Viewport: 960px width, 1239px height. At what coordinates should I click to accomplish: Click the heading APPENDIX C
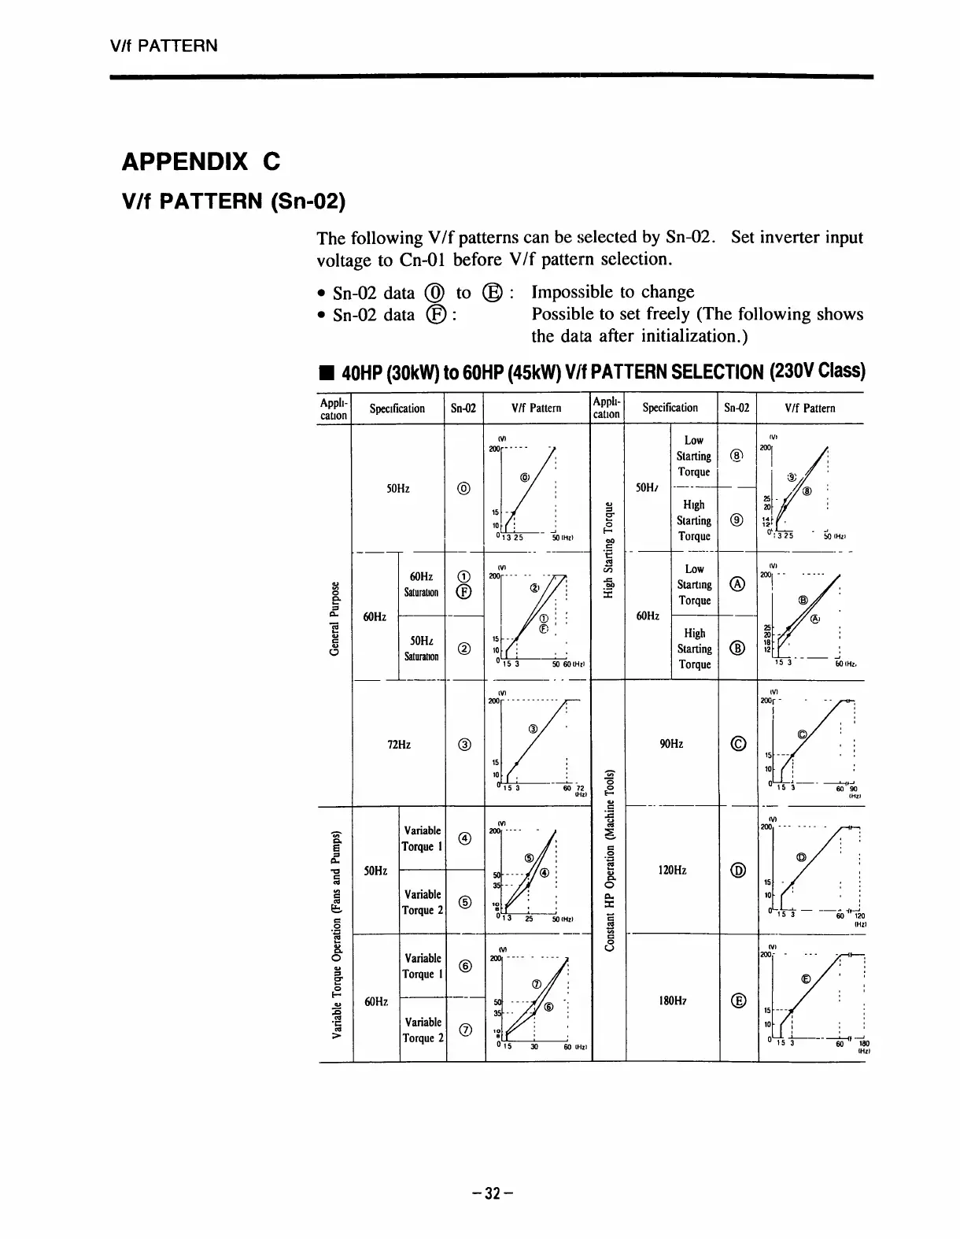[x=201, y=162]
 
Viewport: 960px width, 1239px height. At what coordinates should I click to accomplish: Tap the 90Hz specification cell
[x=670, y=743]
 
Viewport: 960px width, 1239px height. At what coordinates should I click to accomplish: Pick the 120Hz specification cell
[x=670, y=871]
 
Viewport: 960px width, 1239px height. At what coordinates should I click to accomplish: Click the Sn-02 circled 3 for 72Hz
[x=465, y=744]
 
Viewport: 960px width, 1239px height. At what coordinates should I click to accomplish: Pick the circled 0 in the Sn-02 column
[x=465, y=488]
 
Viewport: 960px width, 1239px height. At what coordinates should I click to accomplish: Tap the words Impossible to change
[x=613, y=292]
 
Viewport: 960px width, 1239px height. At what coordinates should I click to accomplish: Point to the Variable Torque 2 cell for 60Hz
[x=423, y=1030]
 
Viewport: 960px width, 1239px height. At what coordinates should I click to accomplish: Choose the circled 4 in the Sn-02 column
[x=465, y=838]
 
